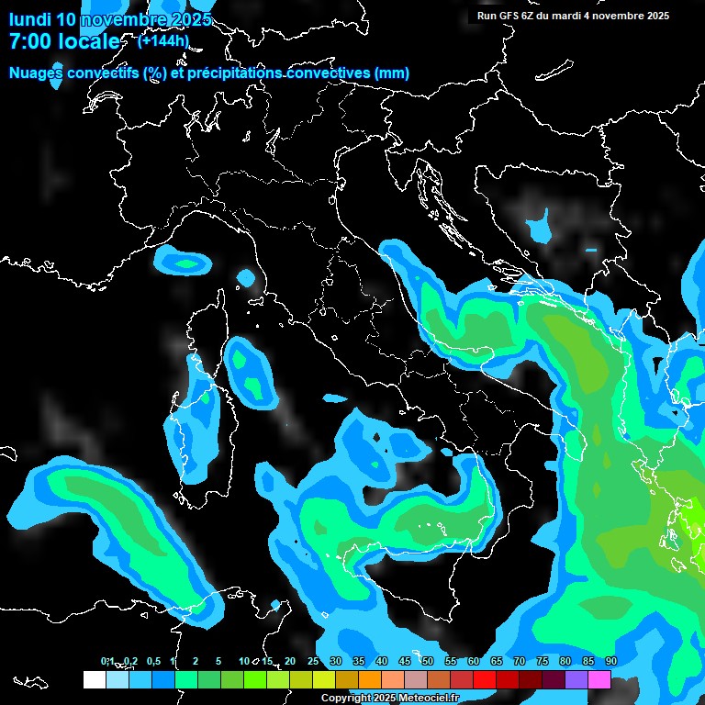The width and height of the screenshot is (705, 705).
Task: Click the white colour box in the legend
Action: click(x=94, y=679)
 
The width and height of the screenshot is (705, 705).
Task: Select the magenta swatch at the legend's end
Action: click(x=599, y=679)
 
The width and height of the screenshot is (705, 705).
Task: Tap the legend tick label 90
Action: click(x=611, y=661)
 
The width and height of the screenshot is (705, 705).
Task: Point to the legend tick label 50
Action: click(x=428, y=661)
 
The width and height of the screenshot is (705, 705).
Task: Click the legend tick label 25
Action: click(x=313, y=661)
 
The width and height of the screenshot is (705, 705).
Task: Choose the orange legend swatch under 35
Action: click(x=370, y=679)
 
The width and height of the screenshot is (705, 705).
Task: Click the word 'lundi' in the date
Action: click(x=29, y=19)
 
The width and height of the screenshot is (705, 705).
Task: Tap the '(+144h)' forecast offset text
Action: click(x=163, y=40)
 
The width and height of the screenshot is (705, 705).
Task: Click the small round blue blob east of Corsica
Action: click(x=245, y=277)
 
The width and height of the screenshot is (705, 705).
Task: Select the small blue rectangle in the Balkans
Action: click(x=590, y=250)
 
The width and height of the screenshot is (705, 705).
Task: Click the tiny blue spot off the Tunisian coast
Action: click(x=275, y=603)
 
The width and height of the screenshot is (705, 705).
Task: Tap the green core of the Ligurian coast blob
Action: click(x=187, y=264)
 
